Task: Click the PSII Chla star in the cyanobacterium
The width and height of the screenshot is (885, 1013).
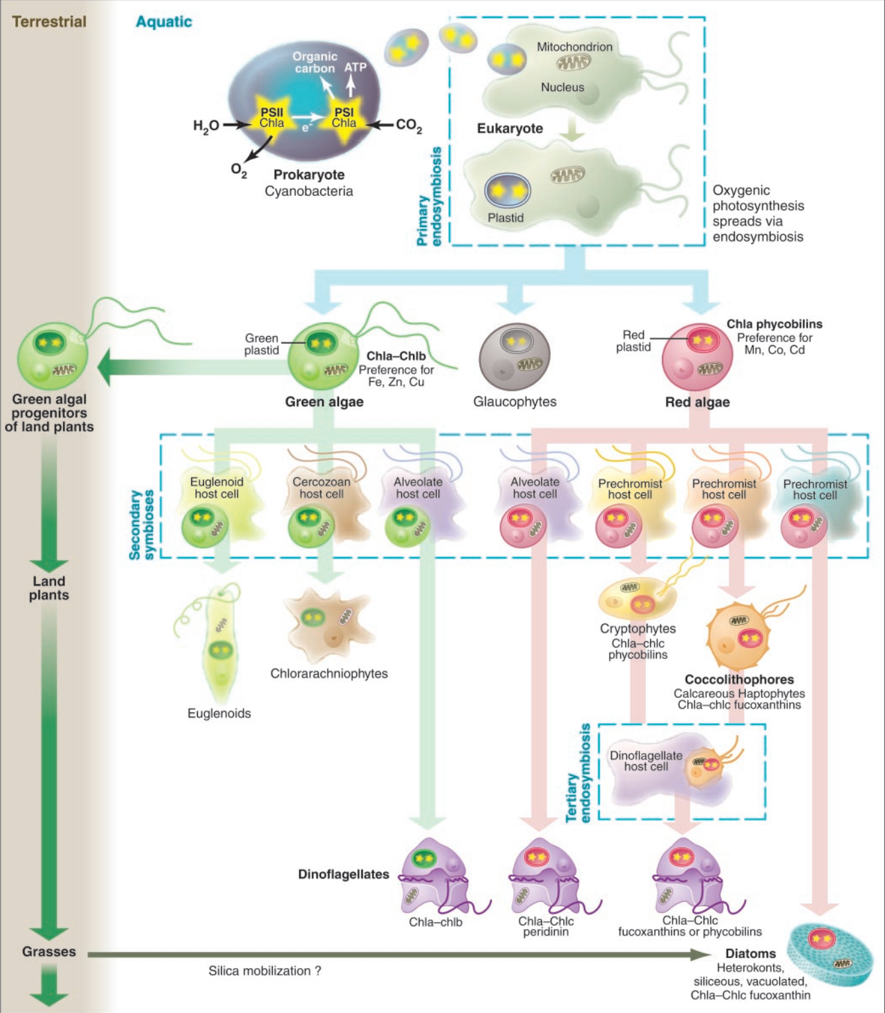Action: (x=271, y=118)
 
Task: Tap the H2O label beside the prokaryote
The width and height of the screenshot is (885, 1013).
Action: (x=206, y=125)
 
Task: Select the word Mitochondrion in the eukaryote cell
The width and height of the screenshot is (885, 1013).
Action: (x=574, y=47)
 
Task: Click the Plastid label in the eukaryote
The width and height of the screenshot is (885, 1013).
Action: (x=505, y=218)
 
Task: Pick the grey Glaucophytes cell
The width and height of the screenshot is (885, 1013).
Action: (x=514, y=357)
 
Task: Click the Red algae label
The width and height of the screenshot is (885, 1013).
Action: (x=697, y=402)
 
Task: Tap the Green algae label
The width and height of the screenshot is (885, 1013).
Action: (x=324, y=402)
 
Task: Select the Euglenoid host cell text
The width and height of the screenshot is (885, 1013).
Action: (x=216, y=488)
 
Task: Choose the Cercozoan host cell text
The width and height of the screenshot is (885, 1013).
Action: (x=321, y=488)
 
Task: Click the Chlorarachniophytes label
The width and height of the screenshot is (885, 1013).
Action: (x=329, y=674)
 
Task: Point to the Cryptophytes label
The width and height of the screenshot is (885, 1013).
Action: (x=637, y=629)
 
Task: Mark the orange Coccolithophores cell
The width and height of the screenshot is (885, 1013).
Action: (x=740, y=635)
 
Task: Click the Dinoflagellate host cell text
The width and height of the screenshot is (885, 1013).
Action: (x=645, y=761)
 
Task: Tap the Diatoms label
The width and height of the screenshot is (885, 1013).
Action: (x=750, y=953)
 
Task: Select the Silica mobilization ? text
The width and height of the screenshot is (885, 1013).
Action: (x=264, y=971)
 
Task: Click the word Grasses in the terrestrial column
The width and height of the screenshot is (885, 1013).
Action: (x=49, y=951)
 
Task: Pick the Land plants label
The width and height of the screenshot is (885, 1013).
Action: (x=49, y=588)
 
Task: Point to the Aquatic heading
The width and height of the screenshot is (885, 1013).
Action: (x=163, y=22)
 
